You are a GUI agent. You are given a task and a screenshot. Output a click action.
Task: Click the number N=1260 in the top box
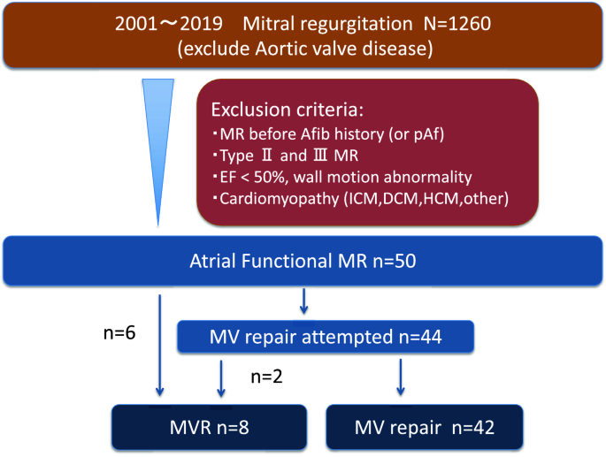pyautogui.click(x=457, y=24)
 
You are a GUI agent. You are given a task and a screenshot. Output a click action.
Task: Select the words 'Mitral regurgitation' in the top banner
pyautogui.click(x=327, y=24)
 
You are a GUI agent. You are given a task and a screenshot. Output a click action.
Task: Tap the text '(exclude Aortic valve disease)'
pyautogui.click(x=305, y=50)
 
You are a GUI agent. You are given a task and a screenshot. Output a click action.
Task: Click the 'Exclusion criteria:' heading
pyautogui.click(x=288, y=110)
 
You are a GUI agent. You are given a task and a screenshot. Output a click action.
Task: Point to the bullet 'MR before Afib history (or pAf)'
pyautogui.click(x=328, y=134)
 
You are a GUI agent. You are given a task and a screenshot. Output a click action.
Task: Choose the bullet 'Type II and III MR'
pyautogui.click(x=285, y=156)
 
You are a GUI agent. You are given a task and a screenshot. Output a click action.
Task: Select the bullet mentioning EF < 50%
pyautogui.click(x=342, y=178)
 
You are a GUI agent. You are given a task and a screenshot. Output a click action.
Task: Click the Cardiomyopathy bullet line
pyautogui.click(x=360, y=199)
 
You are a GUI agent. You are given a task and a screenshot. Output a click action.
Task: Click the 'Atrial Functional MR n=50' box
pyautogui.click(x=303, y=261)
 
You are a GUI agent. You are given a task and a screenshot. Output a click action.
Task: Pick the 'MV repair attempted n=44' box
pyautogui.click(x=326, y=337)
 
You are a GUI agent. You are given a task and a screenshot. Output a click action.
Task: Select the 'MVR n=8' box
pyautogui.click(x=209, y=428)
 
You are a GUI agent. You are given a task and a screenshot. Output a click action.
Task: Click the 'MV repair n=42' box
pyautogui.click(x=425, y=428)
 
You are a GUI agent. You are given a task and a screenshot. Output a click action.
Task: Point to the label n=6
pyautogui.click(x=119, y=332)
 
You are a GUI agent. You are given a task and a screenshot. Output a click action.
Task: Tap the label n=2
pyautogui.click(x=266, y=377)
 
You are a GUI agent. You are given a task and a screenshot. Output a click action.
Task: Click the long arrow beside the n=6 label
pyautogui.click(x=159, y=346)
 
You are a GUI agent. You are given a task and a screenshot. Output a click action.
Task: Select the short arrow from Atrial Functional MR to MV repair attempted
pyautogui.click(x=303, y=301)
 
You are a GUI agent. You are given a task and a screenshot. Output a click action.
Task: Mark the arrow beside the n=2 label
pyautogui.click(x=221, y=378)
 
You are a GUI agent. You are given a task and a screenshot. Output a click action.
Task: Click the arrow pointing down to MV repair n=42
pyautogui.click(x=401, y=377)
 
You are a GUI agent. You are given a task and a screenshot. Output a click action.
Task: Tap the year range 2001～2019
pyautogui.click(x=168, y=24)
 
